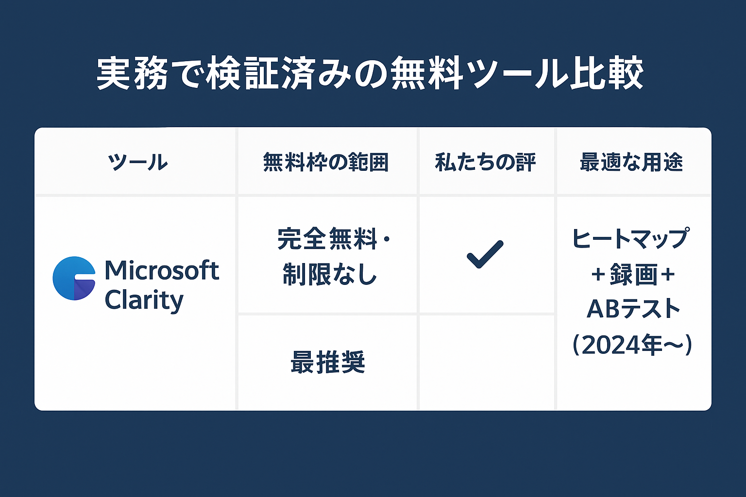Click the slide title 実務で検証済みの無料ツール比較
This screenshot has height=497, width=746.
coord(370,74)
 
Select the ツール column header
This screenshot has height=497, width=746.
coord(138,162)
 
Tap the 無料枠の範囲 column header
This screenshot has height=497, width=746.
coord(326,162)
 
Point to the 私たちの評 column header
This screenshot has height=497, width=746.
coord(485,162)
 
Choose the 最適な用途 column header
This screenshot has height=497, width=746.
coord(631,162)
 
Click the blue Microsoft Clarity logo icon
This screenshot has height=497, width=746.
coord(74,278)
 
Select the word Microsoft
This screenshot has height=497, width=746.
coord(162,270)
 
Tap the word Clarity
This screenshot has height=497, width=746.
coord(144,300)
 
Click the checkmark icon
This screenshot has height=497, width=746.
coord(485,254)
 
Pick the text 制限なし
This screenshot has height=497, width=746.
coord(330,274)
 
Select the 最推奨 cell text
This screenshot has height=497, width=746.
coord(327,362)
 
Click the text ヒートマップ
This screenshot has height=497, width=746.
coord(630,238)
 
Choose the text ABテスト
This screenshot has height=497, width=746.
coord(633,309)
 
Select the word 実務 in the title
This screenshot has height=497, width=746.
coord(132,74)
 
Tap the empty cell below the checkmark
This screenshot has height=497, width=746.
coord(486,362)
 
